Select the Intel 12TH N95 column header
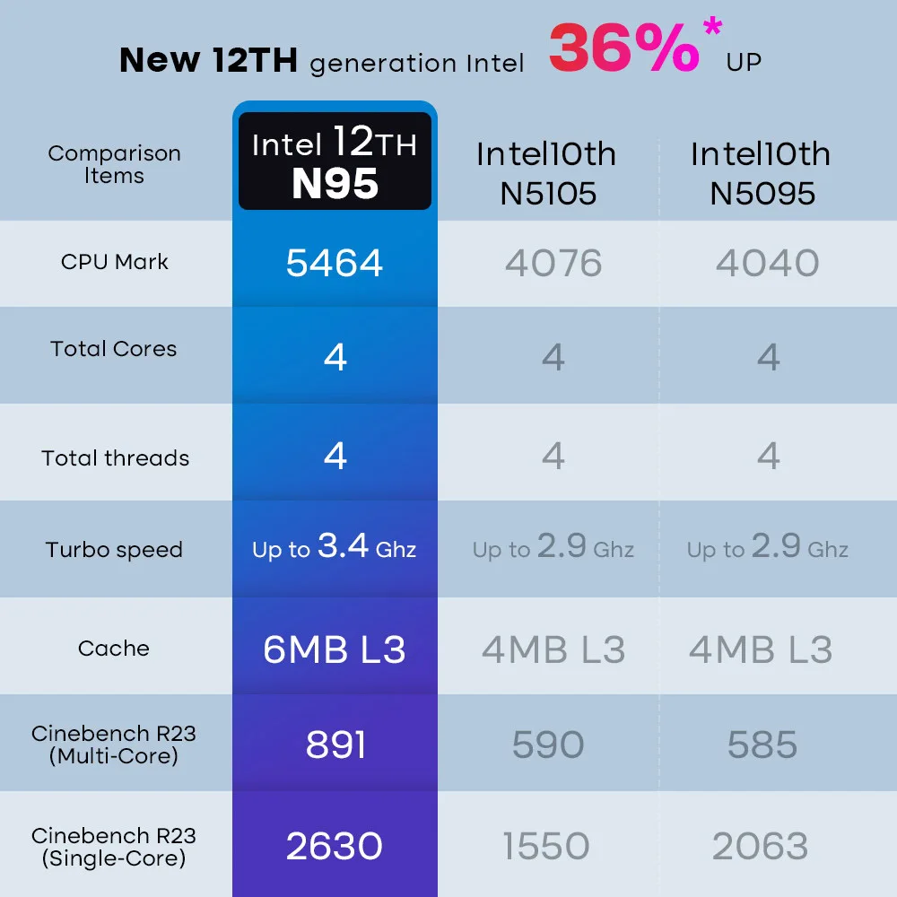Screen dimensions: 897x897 coord(335,162)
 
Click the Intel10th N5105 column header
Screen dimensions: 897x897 coord(546,172)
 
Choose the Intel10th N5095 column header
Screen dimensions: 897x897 coord(761,172)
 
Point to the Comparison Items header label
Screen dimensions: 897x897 coord(114,164)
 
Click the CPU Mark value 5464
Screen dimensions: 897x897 coord(335,263)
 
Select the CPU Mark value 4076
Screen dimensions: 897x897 coord(553,263)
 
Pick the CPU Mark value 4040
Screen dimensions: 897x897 coord(767,263)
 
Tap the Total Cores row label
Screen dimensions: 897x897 coord(114,349)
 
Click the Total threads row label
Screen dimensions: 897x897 coord(115,458)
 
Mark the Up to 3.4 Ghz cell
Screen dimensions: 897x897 coord(335,547)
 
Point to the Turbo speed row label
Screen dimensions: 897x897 coord(114,550)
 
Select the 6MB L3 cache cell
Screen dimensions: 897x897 coord(335,649)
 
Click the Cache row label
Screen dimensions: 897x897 coord(114,649)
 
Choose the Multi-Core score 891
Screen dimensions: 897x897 coord(335,745)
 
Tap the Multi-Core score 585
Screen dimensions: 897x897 coord(762,745)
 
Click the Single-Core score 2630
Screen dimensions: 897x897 coord(335,846)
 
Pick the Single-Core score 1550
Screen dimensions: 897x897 coord(546,846)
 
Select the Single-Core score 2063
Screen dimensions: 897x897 coord(761,846)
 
